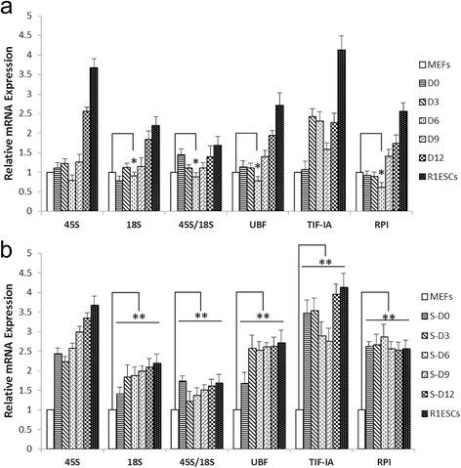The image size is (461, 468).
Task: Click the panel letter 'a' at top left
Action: pos(9,9)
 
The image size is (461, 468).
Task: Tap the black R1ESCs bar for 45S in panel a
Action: pos(94,127)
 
